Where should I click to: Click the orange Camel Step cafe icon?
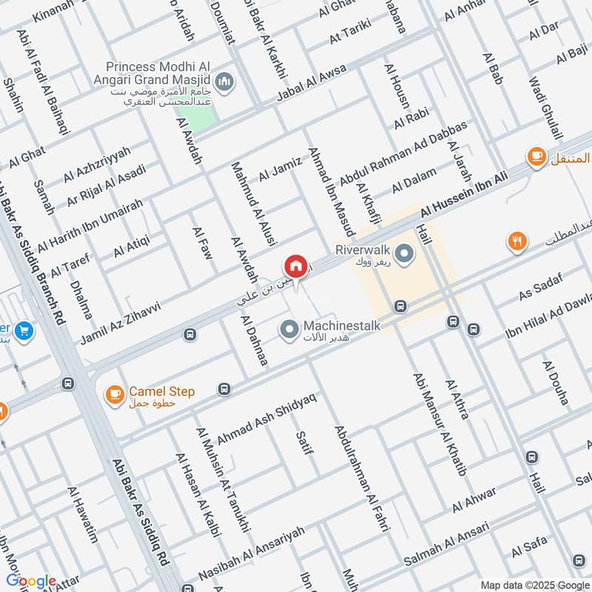(x=114, y=394)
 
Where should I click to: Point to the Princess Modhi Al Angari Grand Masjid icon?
(x=226, y=81)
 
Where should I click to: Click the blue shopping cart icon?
(x=24, y=332)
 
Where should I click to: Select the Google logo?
(x=31, y=580)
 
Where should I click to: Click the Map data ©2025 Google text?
(x=540, y=582)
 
